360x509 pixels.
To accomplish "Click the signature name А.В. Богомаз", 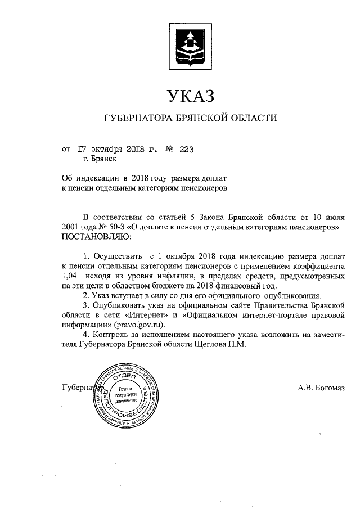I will tap(321, 387).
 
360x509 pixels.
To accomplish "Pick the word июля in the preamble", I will tap(332, 216).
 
